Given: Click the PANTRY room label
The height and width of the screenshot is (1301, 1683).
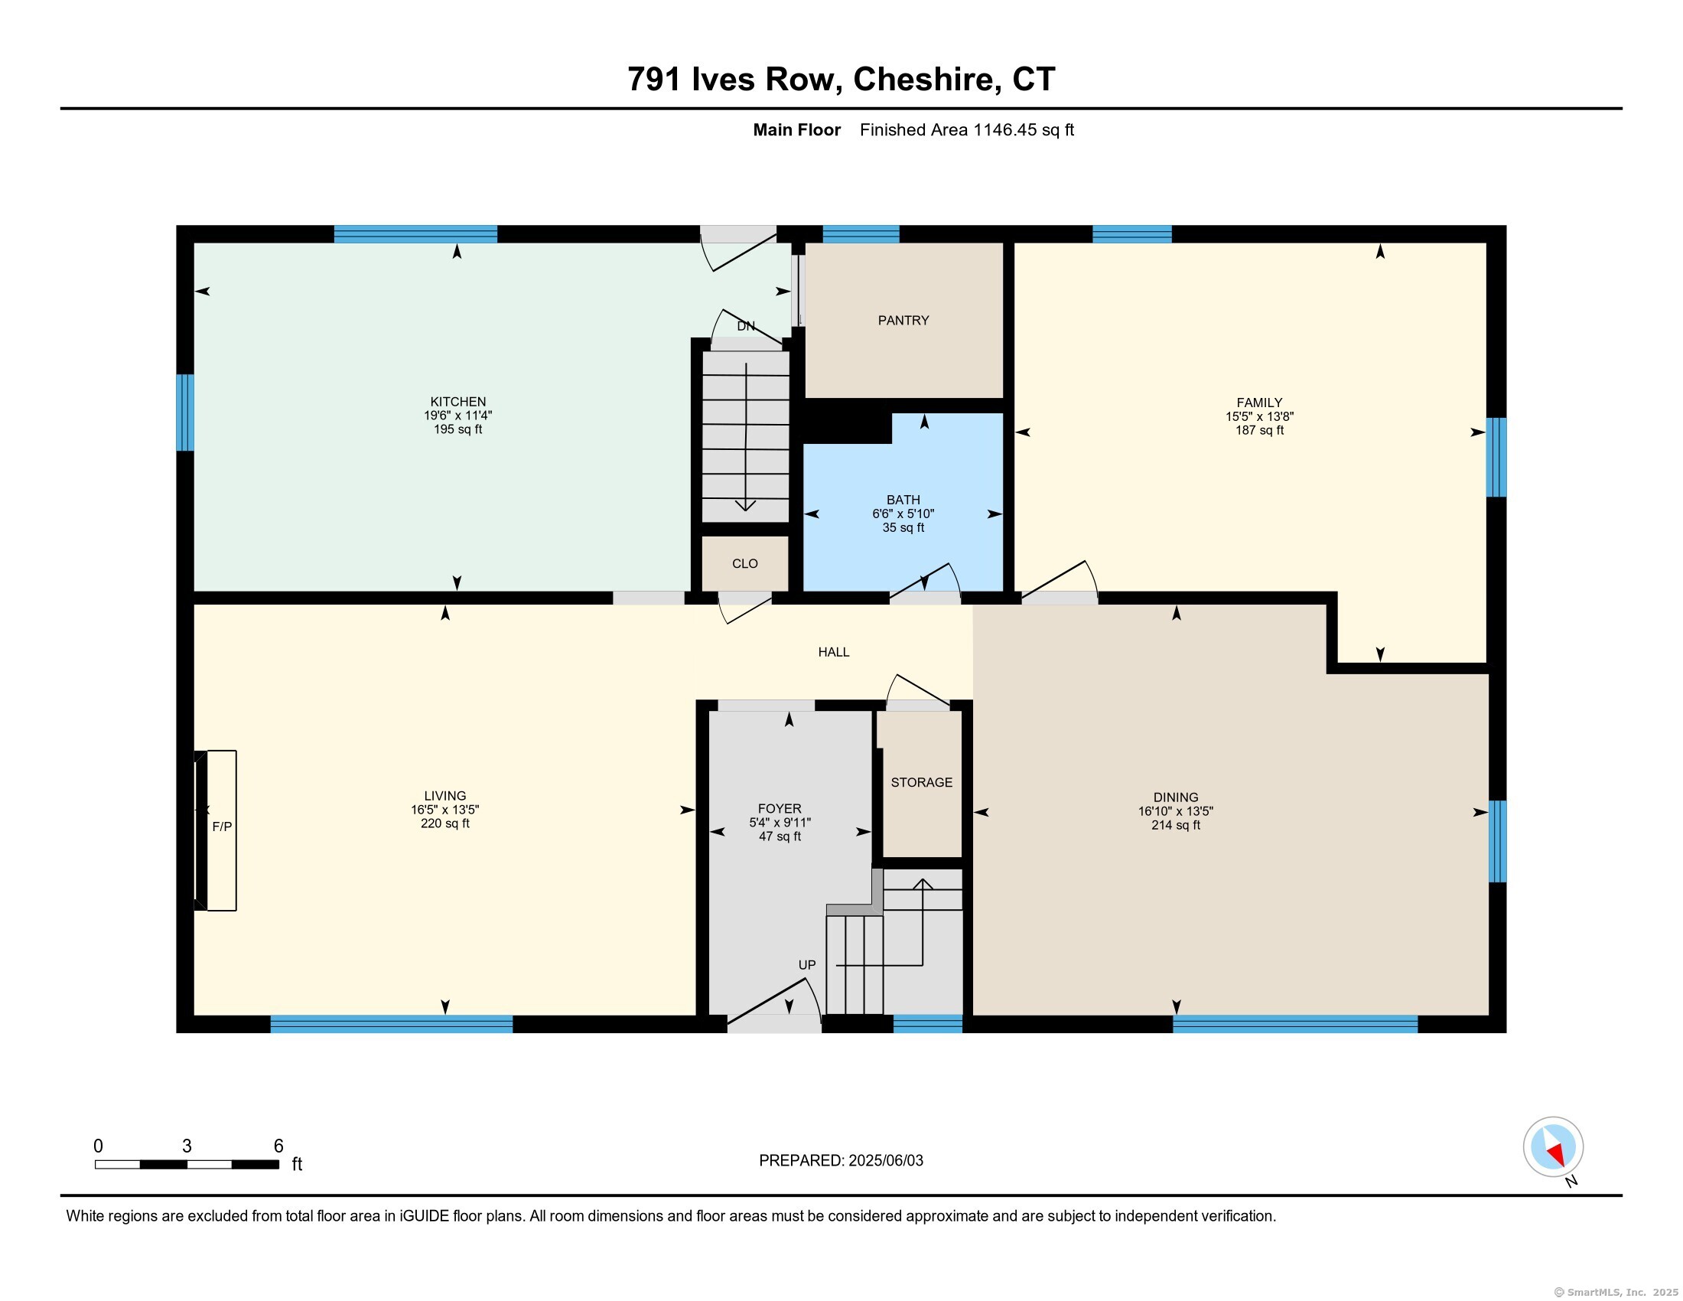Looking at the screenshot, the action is coord(903,321).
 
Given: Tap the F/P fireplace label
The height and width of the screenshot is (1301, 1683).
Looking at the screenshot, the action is coord(222,827).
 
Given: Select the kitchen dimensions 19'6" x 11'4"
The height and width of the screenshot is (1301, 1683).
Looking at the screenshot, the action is coord(457,416).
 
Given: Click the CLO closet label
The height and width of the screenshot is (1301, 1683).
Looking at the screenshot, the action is coord(745,564).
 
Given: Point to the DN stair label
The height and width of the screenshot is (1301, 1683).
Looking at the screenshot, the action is coord(746,326).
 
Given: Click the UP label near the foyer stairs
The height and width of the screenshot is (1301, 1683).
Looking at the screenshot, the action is coord(807,965).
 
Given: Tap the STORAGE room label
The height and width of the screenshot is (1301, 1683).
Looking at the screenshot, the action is coord(922,782).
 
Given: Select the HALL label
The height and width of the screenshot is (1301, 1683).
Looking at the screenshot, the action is coord(834,652).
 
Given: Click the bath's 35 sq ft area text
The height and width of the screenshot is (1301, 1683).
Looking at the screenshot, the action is coord(903,528).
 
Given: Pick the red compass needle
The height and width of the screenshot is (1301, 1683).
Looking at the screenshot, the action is coord(1556,1154).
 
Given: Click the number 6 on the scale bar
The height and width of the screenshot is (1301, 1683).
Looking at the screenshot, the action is coord(278,1146).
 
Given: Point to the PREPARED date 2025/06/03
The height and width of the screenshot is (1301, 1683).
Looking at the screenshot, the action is coord(885,1161).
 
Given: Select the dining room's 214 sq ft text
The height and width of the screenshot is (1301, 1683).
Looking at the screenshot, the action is coord(1176,826).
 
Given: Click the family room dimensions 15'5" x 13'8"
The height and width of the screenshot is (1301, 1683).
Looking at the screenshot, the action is coord(1260,416).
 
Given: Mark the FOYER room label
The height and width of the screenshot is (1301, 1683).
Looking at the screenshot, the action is coord(780,808).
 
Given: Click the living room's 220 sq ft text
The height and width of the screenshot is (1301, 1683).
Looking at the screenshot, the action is coord(444,824).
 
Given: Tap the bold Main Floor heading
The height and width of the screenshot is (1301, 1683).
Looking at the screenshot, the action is coord(797,129).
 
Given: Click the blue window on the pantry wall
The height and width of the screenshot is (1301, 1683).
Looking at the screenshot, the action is coord(861,234).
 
